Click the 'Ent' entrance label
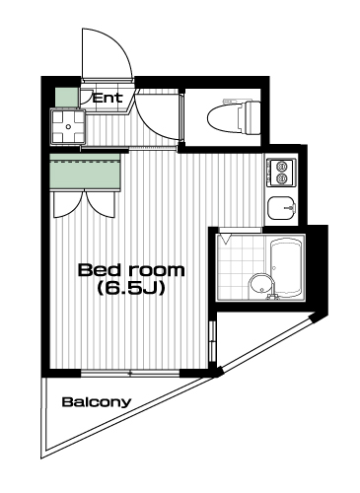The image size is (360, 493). [108, 98]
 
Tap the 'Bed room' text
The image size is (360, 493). [131, 270]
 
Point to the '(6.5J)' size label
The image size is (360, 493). [131, 288]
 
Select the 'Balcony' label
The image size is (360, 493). [97, 402]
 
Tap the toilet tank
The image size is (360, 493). [252, 117]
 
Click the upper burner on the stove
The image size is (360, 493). [281, 167]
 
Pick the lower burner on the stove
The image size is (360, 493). [281, 178]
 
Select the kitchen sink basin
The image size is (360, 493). [281, 208]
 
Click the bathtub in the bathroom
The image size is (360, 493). [286, 267]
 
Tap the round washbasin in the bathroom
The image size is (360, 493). [261, 285]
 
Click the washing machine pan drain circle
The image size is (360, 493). [68, 126]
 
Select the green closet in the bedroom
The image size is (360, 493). [85, 172]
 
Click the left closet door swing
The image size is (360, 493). [68, 205]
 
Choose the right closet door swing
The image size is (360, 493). [101, 203]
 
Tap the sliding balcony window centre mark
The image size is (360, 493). [130, 374]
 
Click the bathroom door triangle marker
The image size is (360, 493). [226, 239]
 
